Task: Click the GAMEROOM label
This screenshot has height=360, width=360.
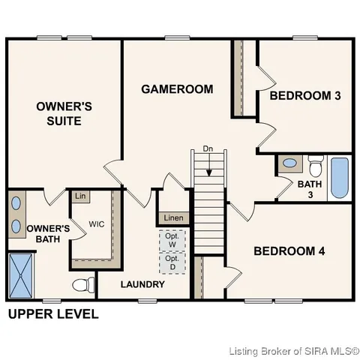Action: [x=177, y=89]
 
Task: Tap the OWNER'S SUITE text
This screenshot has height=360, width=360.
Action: [x=64, y=113]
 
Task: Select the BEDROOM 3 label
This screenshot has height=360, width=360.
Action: [x=305, y=95]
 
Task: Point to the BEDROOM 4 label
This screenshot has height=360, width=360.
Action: [x=289, y=251]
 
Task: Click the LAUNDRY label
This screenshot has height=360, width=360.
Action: [x=142, y=285]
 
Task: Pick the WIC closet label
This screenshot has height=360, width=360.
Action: [x=96, y=223]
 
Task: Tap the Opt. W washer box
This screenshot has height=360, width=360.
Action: [x=172, y=240]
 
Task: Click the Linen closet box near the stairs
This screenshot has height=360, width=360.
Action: [x=173, y=217]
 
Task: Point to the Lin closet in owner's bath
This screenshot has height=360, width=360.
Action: [x=79, y=196]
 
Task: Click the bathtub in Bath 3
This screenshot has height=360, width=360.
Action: [x=340, y=177]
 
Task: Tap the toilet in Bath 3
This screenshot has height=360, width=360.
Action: [x=315, y=163]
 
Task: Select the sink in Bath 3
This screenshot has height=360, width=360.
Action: [x=289, y=163]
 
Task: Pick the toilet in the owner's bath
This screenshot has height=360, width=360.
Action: [x=84, y=285]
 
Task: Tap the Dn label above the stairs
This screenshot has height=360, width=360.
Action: [x=210, y=149]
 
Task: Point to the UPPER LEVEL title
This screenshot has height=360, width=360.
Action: [x=52, y=314]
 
